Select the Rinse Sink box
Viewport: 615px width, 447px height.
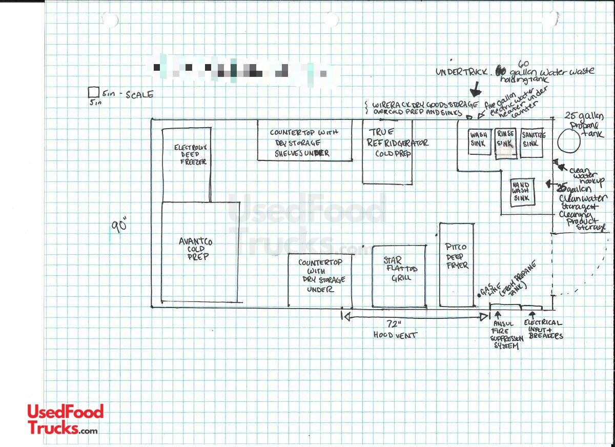pos(506,143)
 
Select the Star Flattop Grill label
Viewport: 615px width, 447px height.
pos(399,269)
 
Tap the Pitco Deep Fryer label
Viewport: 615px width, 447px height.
pos(457,256)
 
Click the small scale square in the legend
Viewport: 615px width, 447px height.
pos(93,92)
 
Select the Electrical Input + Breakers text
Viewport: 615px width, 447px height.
pos(543,329)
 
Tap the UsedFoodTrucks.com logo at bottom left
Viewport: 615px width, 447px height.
pos(65,419)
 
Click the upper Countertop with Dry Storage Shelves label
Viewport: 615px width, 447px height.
pos(304,143)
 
